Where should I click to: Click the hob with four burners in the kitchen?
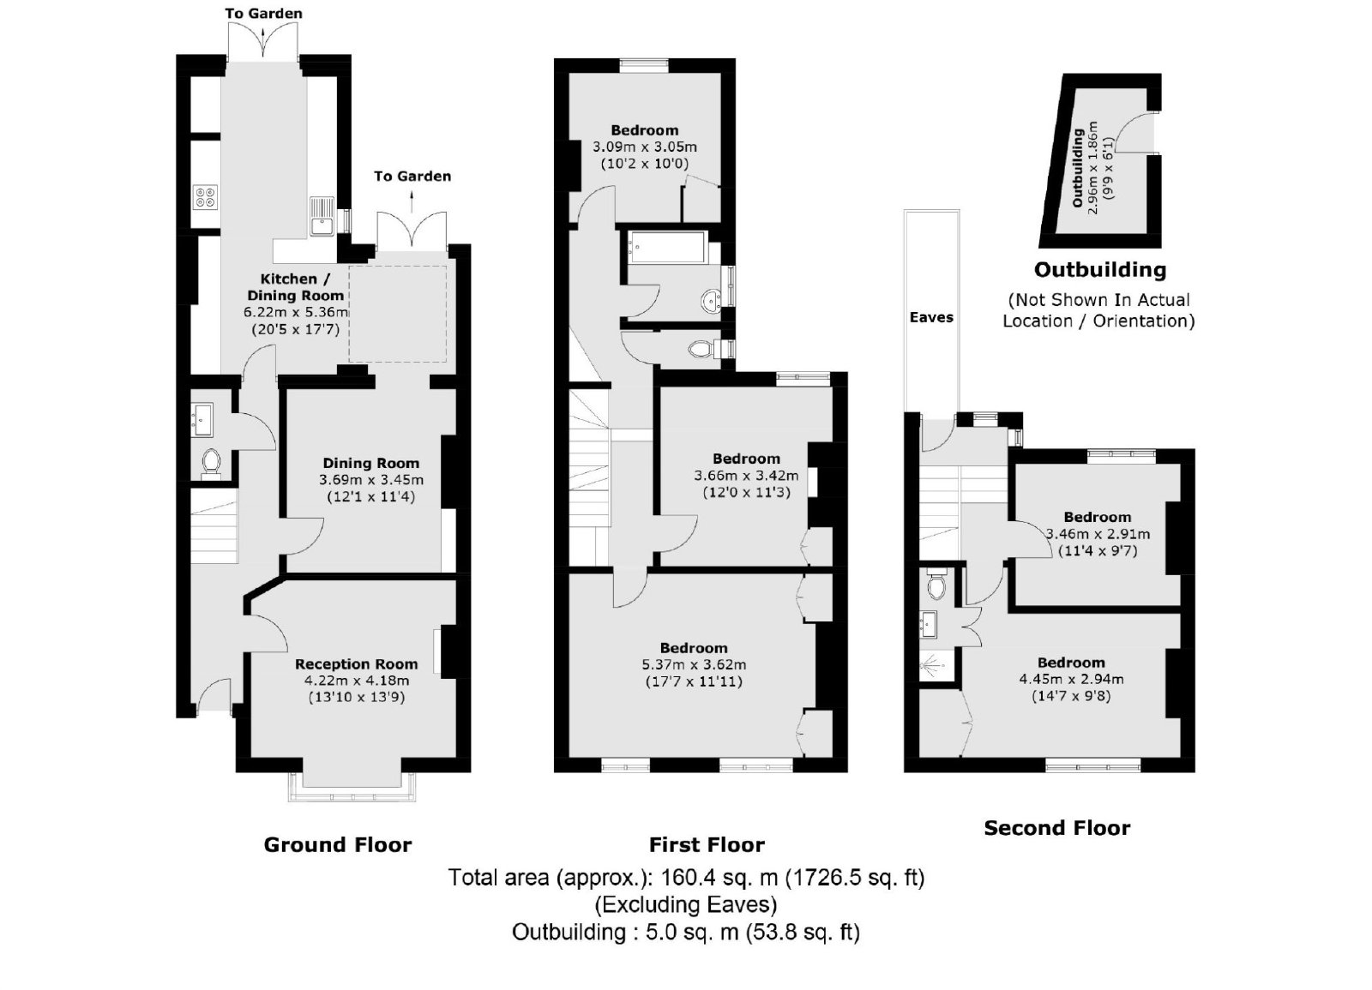[x=205, y=197]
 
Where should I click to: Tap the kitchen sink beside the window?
[x=322, y=216]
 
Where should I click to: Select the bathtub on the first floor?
[x=667, y=248]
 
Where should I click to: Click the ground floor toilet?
[x=211, y=464]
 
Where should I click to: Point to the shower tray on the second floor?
[x=936, y=663]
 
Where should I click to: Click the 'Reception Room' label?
[x=357, y=664]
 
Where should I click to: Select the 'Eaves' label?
[x=931, y=317]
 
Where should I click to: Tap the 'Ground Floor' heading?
[x=338, y=845]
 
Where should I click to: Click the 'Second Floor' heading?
[x=1057, y=828]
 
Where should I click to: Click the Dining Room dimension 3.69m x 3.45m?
[x=371, y=480]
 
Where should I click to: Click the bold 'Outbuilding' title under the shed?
[x=1100, y=269]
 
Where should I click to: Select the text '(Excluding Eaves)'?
[x=685, y=904]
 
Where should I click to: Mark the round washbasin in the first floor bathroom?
[x=711, y=301]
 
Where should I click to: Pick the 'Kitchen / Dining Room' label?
[x=295, y=287]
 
